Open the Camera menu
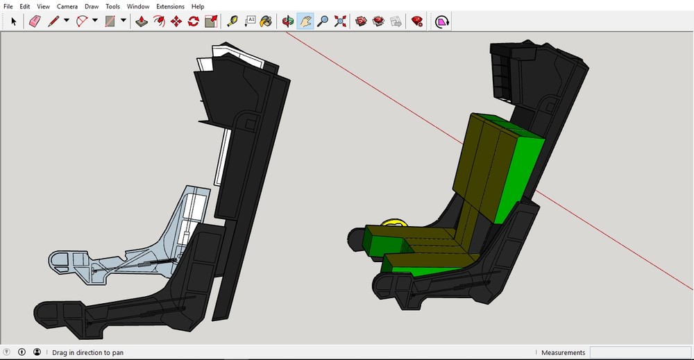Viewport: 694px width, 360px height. pos(67,6)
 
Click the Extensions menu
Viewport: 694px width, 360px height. pos(170,6)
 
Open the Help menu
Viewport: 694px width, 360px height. pos(198,6)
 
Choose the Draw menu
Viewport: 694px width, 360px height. pos(92,6)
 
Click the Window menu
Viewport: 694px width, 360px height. pos(138,6)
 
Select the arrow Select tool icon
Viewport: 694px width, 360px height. pos(13,22)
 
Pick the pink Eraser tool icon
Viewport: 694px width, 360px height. pos(35,22)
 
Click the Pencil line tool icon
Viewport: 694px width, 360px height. pos(53,22)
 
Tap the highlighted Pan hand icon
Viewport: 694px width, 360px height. pos(305,22)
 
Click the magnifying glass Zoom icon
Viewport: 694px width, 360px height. pos(323,22)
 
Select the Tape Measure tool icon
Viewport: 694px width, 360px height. pos(232,22)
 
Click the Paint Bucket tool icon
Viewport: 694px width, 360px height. pos(266,22)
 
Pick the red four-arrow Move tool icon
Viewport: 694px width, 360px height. pos(176,22)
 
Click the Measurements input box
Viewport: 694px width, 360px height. pos(638,352)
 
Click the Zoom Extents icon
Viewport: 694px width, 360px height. pos(340,22)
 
